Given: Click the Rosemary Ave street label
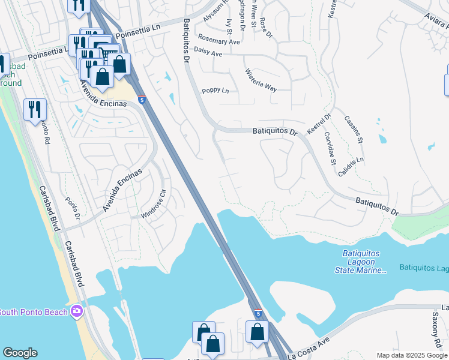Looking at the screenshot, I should [x=220, y=41].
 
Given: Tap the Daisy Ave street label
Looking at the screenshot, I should [x=209, y=54].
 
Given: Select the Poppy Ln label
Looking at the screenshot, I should [x=215, y=91].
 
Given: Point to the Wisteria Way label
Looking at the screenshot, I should [x=261, y=80].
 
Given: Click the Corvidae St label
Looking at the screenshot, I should [x=330, y=148].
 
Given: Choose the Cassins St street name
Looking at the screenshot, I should [x=354, y=129].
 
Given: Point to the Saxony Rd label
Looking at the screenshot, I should [x=436, y=328].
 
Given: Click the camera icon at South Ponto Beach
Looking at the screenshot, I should [x=77, y=311].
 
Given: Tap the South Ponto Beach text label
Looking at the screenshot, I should [x=34, y=311].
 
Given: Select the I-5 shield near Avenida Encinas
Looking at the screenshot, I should [x=142, y=100].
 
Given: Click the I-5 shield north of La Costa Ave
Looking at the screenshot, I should [x=258, y=313].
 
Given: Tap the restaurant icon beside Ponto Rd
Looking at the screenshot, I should [x=35, y=110].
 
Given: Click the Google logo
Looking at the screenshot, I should [x=20, y=353].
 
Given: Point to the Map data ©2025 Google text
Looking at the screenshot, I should [x=412, y=355].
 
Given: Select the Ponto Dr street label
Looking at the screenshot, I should [x=72, y=208].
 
